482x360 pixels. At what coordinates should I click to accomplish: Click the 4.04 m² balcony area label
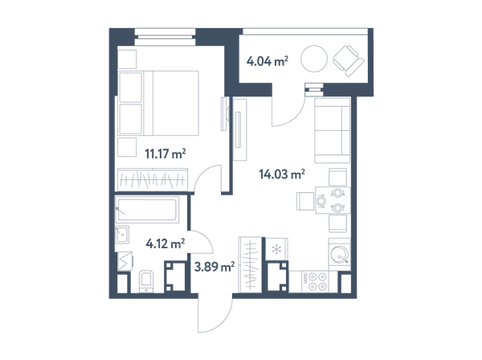click(x=268, y=61)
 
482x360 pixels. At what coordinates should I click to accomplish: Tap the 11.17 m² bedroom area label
click(x=165, y=153)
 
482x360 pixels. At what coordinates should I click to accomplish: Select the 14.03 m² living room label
click(x=282, y=174)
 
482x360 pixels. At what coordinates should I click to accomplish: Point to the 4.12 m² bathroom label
click(x=165, y=243)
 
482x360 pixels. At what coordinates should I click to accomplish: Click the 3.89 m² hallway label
click(x=214, y=266)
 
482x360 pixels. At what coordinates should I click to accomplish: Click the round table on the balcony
click(x=314, y=59)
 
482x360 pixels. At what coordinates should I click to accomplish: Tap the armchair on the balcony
click(x=349, y=61)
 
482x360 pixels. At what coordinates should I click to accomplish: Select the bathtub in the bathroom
click(x=147, y=210)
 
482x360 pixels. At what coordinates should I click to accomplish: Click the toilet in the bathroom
click(x=146, y=281)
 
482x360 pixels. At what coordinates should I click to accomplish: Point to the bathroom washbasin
click(x=122, y=235)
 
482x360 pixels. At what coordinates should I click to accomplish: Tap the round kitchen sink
click(x=339, y=255)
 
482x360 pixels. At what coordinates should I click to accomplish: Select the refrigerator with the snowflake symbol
click(x=276, y=250)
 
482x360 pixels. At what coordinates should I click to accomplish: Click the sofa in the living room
click(x=333, y=130)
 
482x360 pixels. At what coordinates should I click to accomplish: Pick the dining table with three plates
click(x=333, y=200)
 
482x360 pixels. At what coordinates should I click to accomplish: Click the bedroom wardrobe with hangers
click(x=153, y=179)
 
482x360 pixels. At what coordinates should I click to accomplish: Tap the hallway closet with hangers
click(x=250, y=264)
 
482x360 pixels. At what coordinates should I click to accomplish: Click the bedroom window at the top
click(x=165, y=37)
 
